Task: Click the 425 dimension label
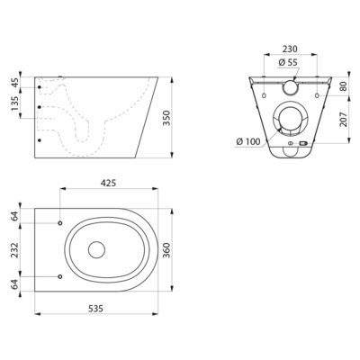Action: [108, 183]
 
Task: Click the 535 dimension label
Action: [95, 308]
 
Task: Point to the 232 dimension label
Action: [14, 250]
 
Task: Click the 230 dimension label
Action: [290, 49]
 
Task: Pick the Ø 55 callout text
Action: [288, 62]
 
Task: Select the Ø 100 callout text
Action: [248, 141]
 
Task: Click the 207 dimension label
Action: [344, 119]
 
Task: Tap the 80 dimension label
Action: [344, 86]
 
